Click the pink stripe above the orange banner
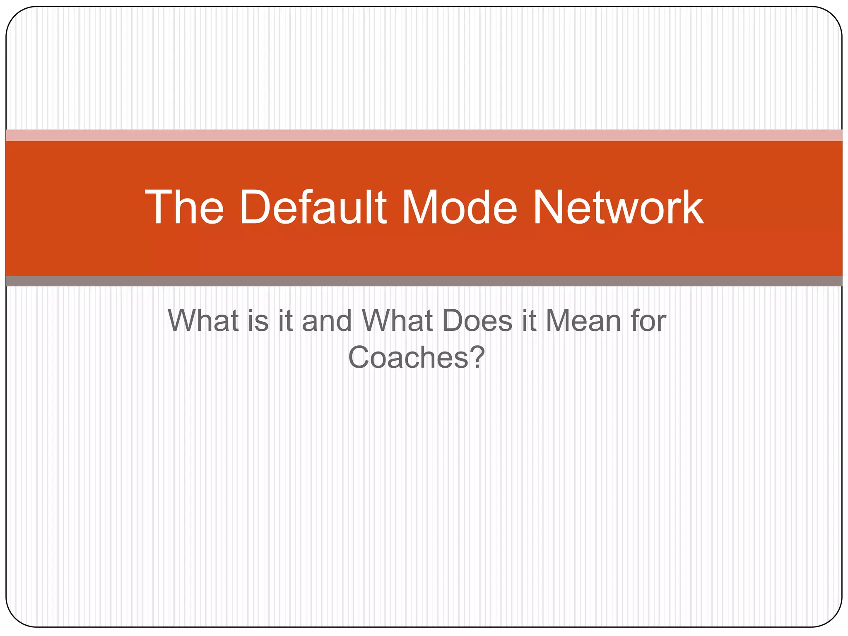[x=424, y=135]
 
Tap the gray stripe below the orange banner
[x=424, y=281]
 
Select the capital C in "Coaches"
[x=359, y=357]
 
